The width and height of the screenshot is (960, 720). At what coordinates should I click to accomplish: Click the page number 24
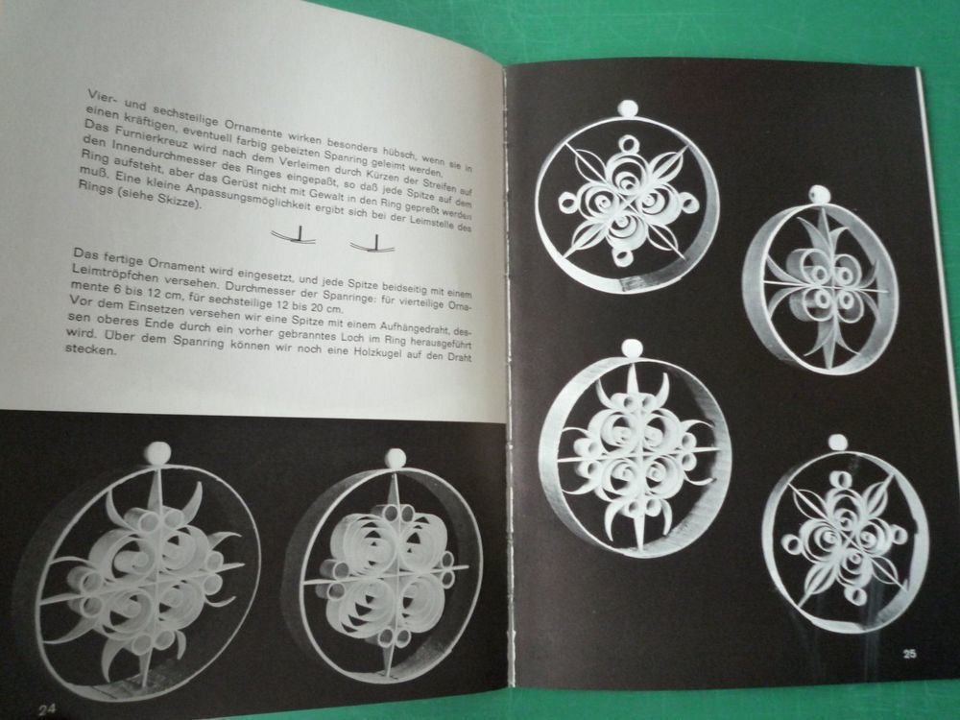(48, 709)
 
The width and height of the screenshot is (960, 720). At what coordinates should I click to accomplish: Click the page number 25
(909, 654)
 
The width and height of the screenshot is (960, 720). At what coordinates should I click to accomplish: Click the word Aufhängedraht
(414, 328)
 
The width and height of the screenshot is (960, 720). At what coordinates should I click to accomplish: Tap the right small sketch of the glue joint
(372, 243)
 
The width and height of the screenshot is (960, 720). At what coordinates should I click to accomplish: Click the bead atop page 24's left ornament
(157, 453)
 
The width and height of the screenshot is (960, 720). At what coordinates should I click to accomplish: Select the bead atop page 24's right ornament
(395, 458)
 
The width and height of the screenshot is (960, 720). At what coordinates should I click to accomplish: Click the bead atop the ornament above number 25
(837, 443)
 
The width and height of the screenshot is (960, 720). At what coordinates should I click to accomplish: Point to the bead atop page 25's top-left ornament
(626, 109)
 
